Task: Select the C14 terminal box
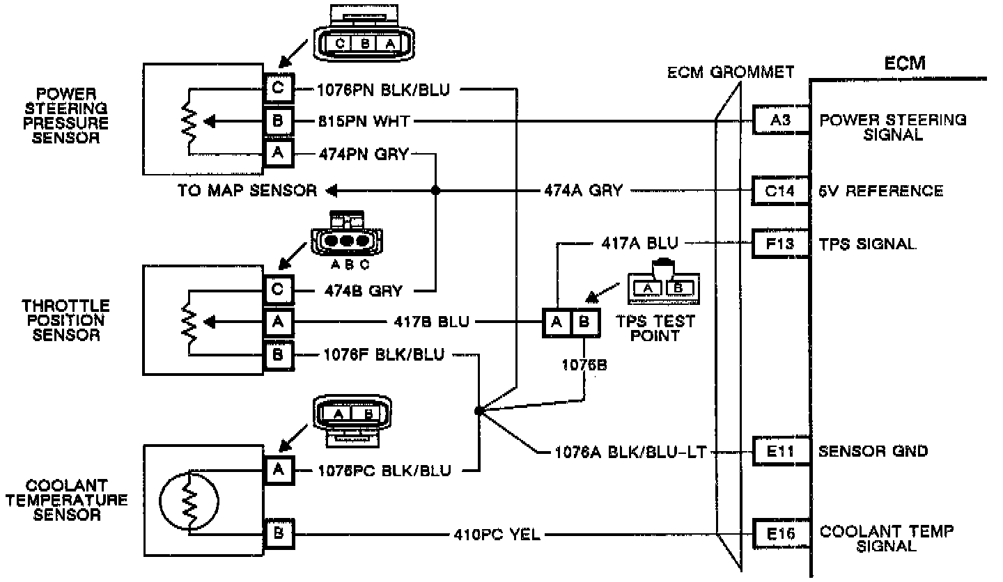779,190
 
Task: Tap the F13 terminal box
779,244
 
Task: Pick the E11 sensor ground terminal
779,451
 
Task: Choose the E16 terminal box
779,534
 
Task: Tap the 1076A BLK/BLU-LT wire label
630,452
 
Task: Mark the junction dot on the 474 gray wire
436,190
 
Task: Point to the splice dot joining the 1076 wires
478,411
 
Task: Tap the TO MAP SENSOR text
247,191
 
